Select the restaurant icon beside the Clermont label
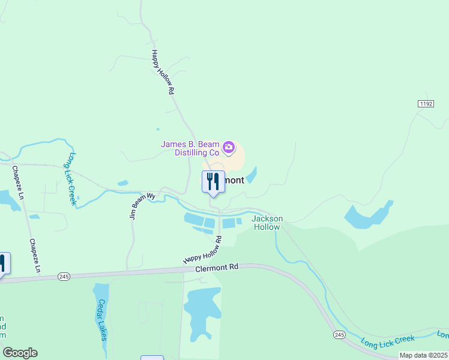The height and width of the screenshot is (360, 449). pos(213,181)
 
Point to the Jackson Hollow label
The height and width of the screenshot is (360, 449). pos(267,223)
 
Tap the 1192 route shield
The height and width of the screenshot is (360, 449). pos(426,104)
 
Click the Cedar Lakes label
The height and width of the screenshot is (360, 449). pos(102,320)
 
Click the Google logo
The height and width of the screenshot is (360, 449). pos(20,353)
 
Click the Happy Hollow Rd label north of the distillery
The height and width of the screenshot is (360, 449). pos(162,73)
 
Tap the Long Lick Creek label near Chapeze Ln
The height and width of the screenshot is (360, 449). pos(71,179)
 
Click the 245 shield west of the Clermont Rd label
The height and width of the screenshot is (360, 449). pos(64,277)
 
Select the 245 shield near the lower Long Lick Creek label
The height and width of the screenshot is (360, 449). pos(340,334)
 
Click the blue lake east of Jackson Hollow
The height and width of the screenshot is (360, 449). pos(369,215)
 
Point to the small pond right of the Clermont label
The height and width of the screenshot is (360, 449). pos(252,175)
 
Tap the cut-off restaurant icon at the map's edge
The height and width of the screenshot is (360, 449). pos(3,264)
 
